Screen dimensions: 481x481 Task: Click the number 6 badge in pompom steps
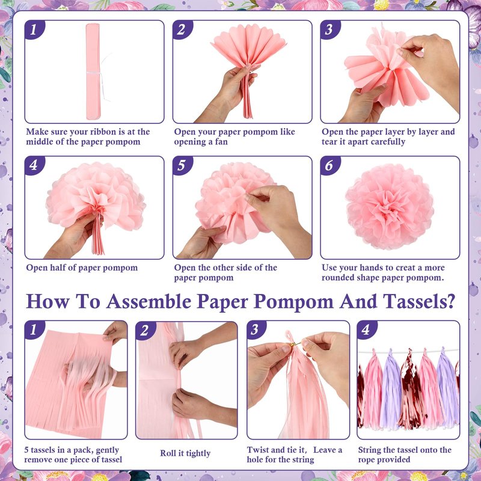329,166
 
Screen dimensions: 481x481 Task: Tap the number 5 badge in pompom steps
182,166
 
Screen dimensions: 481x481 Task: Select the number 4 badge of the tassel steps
366,330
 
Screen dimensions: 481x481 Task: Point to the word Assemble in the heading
149,301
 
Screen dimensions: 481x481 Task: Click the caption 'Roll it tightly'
185,453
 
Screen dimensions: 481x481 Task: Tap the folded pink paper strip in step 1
93,72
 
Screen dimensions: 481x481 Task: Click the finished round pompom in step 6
390,206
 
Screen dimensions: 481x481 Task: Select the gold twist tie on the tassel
296,343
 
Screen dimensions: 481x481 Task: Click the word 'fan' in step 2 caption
221,142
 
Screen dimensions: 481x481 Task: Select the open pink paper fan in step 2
248,45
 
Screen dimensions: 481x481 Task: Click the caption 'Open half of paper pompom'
82,268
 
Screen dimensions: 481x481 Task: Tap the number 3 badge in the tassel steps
256,330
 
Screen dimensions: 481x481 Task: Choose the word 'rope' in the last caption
367,460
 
